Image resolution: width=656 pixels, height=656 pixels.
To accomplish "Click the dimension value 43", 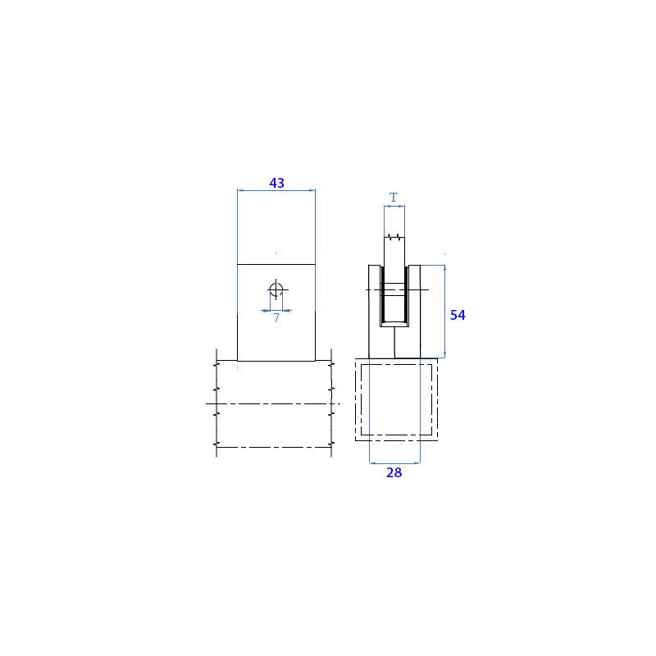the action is click(276, 183).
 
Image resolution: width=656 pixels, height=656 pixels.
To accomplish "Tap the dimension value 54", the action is click(458, 315).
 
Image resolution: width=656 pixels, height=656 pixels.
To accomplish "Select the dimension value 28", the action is click(394, 472).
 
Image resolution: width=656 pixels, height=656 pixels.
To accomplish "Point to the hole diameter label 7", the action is click(276, 318).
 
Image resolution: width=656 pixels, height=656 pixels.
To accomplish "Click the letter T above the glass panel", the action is click(394, 197).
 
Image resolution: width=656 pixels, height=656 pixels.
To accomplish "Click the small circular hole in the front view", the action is click(276, 289).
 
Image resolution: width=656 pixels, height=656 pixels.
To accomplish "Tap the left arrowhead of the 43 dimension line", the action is click(240, 190).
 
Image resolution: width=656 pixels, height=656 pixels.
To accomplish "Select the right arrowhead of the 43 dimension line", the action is click(312, 190).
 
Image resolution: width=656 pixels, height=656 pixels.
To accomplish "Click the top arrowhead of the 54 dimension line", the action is click(444, 268).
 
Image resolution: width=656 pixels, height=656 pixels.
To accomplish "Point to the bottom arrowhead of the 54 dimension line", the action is click(444, 355).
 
